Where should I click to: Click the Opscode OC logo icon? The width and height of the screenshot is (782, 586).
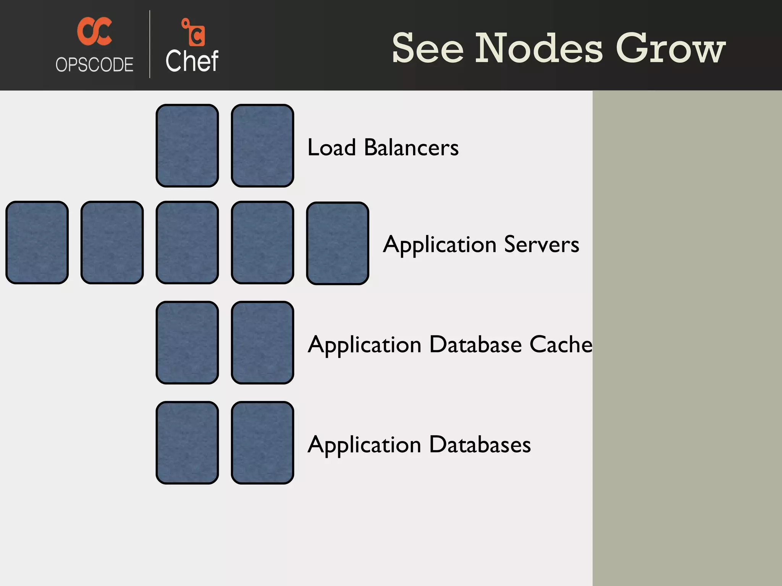pos(94,31)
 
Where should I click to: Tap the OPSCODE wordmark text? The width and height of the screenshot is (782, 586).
pos(94,64)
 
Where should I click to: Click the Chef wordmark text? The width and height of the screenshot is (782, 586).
pos(192,61)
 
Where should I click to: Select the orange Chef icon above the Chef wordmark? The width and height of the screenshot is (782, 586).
pos(194,32)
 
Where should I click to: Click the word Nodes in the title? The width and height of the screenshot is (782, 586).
pos(539,48)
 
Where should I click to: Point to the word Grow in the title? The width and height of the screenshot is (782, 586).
pos(671,48)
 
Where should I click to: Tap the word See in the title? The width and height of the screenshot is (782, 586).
pos(428,48)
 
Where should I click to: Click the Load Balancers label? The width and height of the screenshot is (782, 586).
pos(383,147)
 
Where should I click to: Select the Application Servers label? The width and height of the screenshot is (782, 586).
pos(481,244)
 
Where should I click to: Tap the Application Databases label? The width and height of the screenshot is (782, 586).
pos(419,444)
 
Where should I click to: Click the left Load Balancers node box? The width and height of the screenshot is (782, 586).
pos(187,146)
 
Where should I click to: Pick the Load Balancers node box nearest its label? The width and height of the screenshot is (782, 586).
pos(262,146)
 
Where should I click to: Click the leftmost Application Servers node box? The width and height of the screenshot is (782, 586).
pos(37,243)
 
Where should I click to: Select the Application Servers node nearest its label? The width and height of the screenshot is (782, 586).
pos(338,243)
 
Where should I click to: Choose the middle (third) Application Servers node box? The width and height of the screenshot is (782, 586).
pos(187,243)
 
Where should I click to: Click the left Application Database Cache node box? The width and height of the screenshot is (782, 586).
pos(187,343)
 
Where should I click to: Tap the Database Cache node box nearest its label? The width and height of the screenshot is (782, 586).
pos(262,343)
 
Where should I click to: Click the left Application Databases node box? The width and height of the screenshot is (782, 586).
pos(187,443)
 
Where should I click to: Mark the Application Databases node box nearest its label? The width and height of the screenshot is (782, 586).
pos(262,443)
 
